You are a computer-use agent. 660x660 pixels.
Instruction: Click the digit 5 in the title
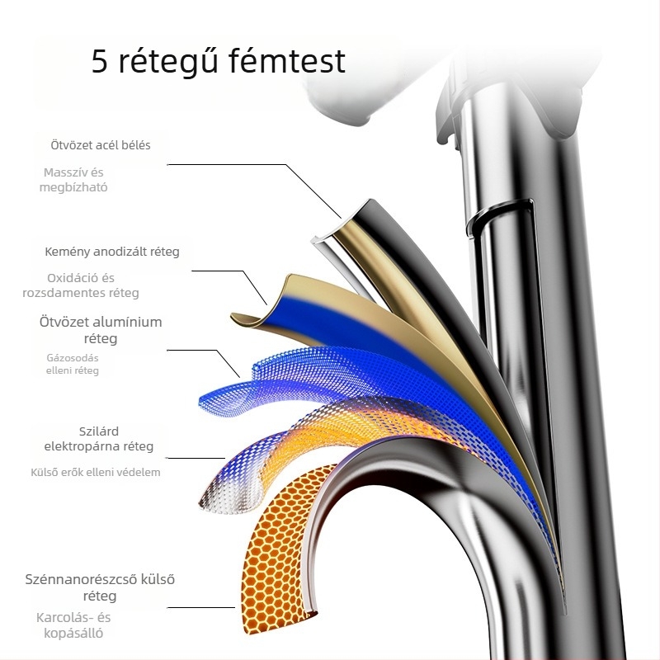coord(99,63)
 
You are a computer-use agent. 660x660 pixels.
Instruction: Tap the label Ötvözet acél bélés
coord(101,145)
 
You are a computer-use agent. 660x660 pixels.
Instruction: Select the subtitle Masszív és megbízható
coord(73,180)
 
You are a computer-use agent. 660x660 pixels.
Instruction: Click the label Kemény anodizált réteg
coord(112,252)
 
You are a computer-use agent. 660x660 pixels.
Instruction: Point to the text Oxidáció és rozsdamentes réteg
coord(92,285)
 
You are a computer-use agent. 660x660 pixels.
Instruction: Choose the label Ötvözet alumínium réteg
coord(101,330)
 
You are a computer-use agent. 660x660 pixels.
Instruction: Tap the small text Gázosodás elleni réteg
coord(73,364)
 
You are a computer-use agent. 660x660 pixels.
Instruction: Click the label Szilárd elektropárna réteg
coord(99,439)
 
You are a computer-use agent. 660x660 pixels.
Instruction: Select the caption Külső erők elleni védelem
coord(95,473)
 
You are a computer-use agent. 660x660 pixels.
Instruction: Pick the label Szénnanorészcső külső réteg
coord(100,587)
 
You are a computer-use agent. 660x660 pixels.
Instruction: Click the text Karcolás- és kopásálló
coord(73,625)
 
